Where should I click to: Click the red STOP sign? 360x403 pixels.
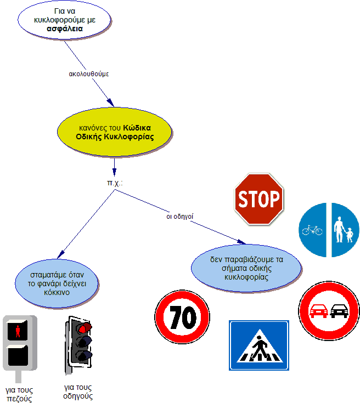tap(258, 199)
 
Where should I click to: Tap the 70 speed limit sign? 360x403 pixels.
tap(183, 317)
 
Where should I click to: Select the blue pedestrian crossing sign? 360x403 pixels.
tap(258, 345)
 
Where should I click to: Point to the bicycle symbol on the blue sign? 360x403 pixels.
tap(312, 230)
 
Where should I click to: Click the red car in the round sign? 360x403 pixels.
tap(318, 311)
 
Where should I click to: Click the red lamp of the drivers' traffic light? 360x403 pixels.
tap(83, 328)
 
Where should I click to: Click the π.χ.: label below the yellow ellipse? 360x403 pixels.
tap(114, 181)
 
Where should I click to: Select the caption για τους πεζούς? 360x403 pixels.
tap(19, 394)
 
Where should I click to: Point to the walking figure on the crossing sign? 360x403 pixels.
tap(258, 347)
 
